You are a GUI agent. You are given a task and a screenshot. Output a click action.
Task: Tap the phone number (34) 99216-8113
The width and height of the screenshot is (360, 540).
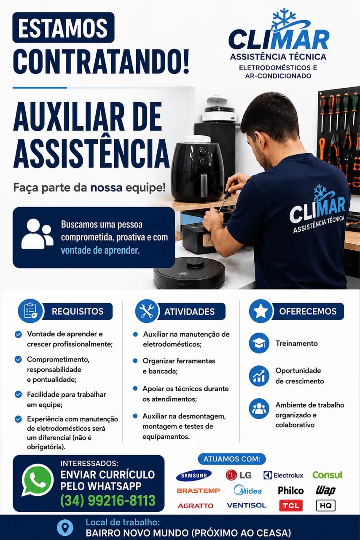coord(108,500)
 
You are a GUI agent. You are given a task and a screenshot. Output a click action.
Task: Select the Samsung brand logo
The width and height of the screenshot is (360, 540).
coord(194,475)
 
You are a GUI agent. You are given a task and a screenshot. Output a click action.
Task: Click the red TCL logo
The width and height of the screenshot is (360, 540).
coord(291,505)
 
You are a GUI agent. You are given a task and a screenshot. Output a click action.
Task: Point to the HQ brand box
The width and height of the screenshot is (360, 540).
coord(325,505)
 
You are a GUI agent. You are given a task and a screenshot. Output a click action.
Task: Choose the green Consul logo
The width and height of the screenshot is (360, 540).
coord(327,475)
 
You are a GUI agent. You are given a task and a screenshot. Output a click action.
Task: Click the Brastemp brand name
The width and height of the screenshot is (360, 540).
coord(198,491)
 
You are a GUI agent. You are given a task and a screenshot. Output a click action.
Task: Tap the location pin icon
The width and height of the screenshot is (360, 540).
coord(65,527)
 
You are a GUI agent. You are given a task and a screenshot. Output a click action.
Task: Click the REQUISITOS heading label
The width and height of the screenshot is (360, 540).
coord(78,311)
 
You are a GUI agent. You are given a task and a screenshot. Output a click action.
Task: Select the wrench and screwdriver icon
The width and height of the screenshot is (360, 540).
coord(147,311)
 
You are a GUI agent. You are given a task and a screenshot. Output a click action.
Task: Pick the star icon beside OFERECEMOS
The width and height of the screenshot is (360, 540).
coord(261,311)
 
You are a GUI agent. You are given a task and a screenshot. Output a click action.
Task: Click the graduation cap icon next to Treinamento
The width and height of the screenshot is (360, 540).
coord(259,343)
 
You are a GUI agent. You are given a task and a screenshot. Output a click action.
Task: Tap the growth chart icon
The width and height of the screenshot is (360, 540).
coord(259,376)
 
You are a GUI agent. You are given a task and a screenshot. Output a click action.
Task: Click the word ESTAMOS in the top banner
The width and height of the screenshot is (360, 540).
coord(63,28)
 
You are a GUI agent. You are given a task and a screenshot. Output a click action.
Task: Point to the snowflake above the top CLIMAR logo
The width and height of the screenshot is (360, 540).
coord(284,18)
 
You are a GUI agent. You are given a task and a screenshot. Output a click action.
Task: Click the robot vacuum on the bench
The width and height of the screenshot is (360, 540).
coord(189,273)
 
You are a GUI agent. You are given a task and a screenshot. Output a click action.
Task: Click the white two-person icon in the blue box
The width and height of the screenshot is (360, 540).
coord(38,234)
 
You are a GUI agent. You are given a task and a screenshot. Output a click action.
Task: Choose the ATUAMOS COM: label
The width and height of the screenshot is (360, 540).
coord(232,459)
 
